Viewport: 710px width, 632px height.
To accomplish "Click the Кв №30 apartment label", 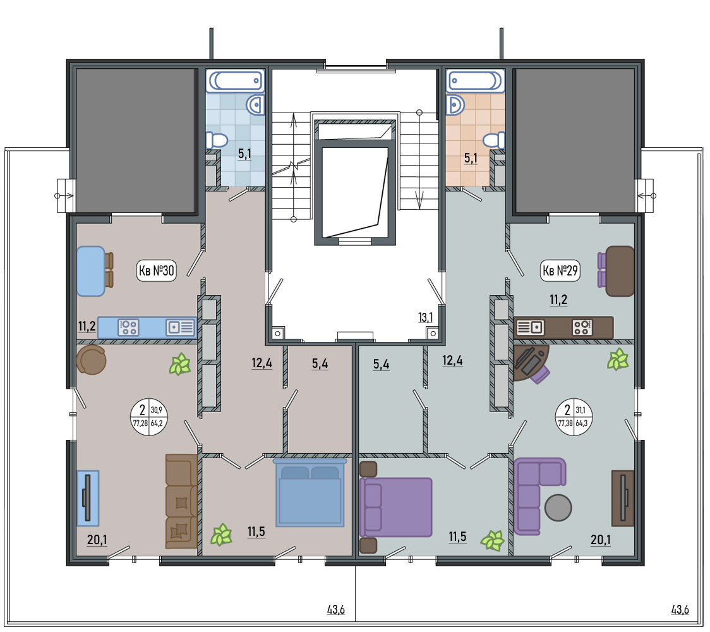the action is [x=156, y=270].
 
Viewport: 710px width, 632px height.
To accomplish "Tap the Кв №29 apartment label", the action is [x=560, y=270].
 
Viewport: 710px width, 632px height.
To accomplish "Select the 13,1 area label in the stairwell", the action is [x=425, y=318].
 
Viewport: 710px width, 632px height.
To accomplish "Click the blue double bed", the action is [x=310, y=492].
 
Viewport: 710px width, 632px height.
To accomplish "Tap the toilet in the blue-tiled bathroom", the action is [x=217, y=140].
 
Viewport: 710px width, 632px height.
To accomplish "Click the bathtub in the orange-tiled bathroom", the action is [x=475, y=81].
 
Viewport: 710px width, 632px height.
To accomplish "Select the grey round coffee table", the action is [x=558, y=507].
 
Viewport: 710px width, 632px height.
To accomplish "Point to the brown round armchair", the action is [x=91, y=360].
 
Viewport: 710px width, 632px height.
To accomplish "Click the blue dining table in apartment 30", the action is [x=90, y=271].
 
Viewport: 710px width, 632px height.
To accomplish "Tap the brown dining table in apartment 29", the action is [x=620, y=271].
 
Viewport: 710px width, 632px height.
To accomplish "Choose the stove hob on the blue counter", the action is [x=128, y=327].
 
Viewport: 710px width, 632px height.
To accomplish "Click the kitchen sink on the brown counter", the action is [x=530, y=327].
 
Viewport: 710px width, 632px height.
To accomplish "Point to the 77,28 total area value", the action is [x=140, y=423].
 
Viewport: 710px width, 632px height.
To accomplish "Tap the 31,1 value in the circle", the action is [x=581, y=410].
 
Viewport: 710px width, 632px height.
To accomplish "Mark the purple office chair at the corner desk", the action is [x=539, y=374].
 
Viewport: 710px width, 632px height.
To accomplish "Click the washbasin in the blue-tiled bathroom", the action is [x=255, y=105].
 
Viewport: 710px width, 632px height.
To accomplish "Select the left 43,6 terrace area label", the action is [x=336, y=609].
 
